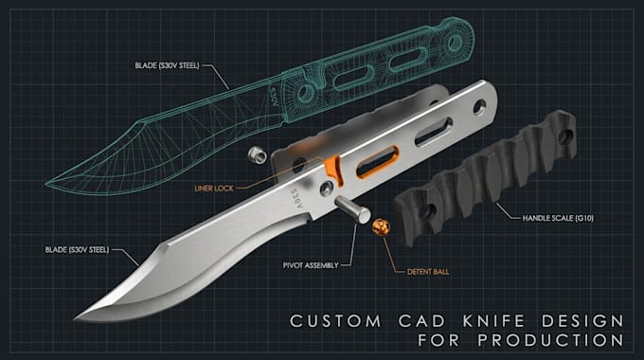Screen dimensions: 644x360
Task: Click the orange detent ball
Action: click(381, 227)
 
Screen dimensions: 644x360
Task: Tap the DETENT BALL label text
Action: click(428, 272)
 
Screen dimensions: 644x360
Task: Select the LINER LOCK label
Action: click(214, 189)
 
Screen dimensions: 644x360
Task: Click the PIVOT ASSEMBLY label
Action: click(311, 265)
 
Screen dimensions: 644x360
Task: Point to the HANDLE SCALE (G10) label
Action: click(558, 218)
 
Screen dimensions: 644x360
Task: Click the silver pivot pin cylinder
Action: click(352, 209)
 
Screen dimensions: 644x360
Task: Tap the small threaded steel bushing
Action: click(257, 154)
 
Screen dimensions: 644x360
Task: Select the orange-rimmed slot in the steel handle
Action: click(377, 162)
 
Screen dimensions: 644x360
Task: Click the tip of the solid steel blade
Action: click(75, 318)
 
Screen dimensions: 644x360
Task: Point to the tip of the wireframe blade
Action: click(46, 184)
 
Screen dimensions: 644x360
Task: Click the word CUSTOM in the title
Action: click(335, 321)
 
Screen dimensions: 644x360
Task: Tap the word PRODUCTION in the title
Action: click(551, 340)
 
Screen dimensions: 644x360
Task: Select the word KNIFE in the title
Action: click(494, 321)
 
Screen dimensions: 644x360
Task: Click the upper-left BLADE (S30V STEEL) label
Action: click(168, 65)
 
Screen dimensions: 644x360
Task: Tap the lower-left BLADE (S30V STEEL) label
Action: click(78, 249)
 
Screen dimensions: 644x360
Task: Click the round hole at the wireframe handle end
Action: click(456, 42)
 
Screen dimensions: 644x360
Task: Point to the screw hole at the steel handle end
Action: click(479, 107)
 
